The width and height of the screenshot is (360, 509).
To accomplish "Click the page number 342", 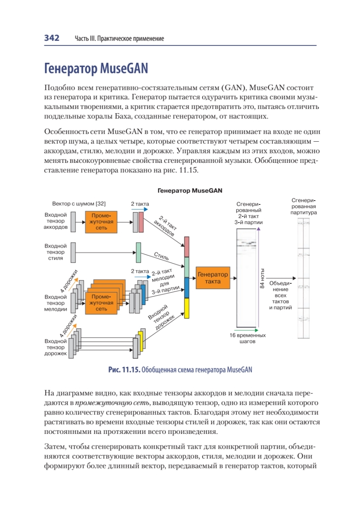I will coord(51,38).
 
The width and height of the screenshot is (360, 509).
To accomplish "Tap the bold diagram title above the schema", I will coord(190,190).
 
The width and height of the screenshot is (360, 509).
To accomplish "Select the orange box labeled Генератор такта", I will coord(212,278).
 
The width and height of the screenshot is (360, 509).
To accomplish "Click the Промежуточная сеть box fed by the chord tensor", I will coord(101,221).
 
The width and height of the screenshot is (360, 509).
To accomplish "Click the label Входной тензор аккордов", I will coord(56,221).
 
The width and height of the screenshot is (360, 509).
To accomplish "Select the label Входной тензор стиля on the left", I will coord(56,252).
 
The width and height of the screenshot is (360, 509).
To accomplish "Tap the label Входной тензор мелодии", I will coord(56,303).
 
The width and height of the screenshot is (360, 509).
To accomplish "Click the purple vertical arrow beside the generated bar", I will coord(258,276).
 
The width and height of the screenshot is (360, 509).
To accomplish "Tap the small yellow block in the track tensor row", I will coord(141,341).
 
